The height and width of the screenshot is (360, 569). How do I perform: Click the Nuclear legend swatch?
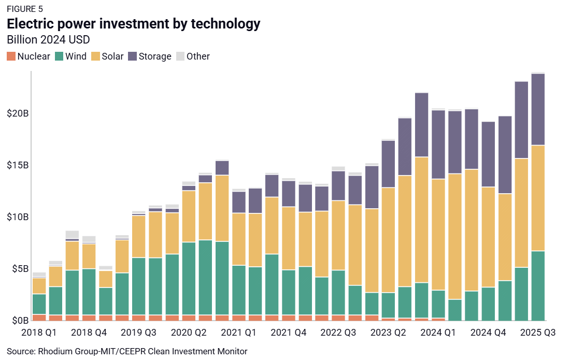11,56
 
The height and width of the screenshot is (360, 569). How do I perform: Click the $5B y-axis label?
18,269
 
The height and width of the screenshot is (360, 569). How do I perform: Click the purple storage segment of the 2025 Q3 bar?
538,109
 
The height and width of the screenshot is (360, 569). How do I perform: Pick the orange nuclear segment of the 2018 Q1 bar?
39,318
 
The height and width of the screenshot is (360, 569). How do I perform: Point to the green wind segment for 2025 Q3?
538,285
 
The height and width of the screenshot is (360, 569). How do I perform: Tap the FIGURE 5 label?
25,9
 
